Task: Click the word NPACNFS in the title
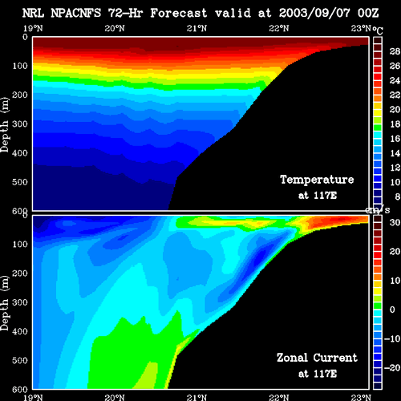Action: (x=76, y=13)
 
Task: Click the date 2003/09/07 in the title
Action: (x=314, y=13)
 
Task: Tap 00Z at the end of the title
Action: (x=368, y=13)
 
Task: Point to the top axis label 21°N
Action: (x=196, y=28)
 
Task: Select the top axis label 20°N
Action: (x=115, y=28)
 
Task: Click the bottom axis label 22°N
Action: (x=279, y=397)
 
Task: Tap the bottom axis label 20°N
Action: (x=115, y=397)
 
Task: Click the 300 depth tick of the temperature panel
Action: (x=20, y=124)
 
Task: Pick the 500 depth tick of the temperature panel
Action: (x=20, y=182)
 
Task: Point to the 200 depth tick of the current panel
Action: (x=20, y=273)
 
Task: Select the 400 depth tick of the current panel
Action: (x=20, y=331)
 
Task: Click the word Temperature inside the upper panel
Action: (x=317, y=180)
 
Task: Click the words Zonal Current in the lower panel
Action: (x=317, y=358)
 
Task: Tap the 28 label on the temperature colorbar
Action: (x=395, y=51)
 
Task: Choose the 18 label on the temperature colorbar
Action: (x=395, y=124)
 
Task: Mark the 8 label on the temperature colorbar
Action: (x=398, y=196)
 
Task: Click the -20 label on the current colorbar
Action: (x=392, y=368)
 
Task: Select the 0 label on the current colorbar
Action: (x=392, y=310)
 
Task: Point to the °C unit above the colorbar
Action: (x=378, y=30)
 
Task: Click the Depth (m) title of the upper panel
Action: (x=5, y=125)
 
